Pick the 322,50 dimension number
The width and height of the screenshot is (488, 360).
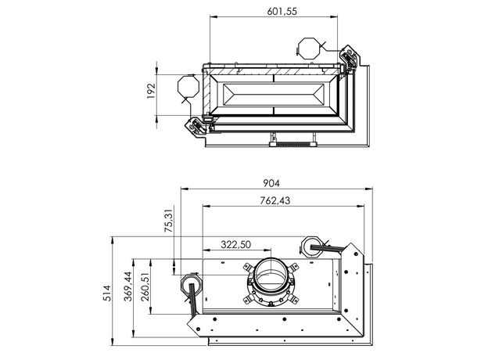point(235,245)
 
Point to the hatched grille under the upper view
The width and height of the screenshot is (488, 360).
point(291,144)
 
